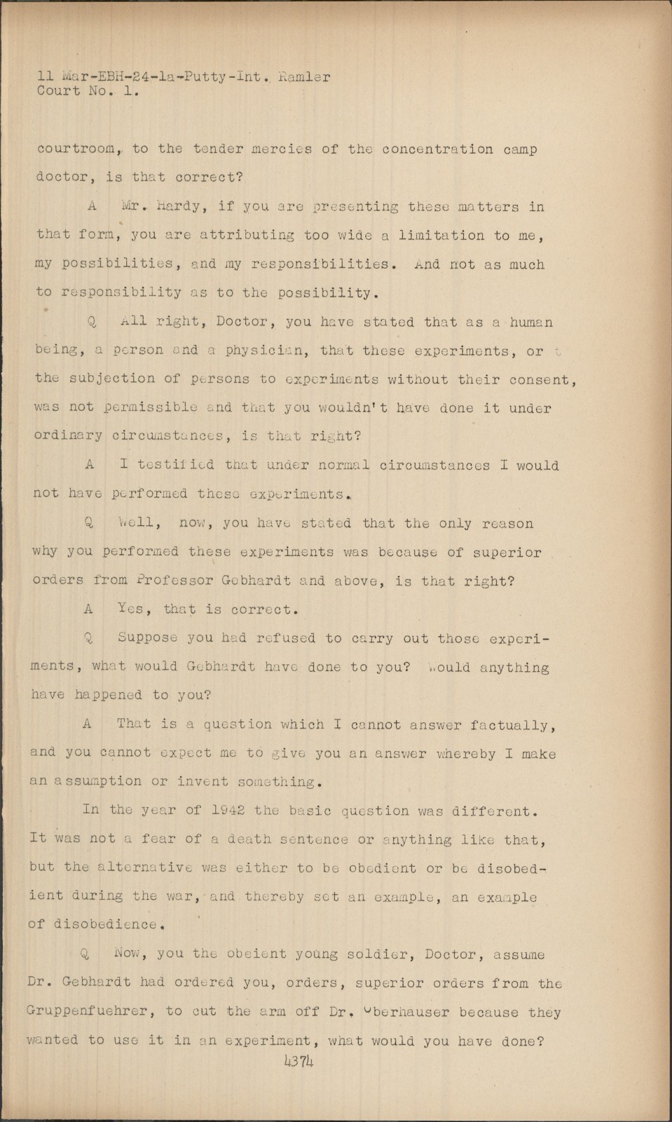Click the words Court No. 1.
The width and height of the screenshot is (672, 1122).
pyautogui.click(x=88, y=91)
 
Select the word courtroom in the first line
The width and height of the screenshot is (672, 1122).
pyautogui.click(x=75, y=149)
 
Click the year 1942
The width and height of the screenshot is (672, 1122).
pyautogui.click(x=226, y=810)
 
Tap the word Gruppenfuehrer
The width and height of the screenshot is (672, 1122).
pyautogui.click(x=90, y=1012)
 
